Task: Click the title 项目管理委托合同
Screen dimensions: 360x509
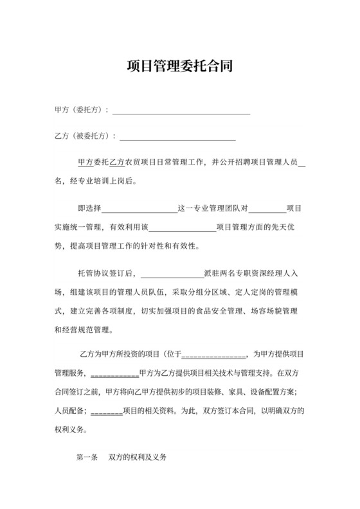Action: (x=180, y=67)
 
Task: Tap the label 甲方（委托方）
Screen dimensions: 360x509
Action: (x=82, y=110)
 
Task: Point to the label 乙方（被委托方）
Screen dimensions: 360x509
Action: (x=85, y=136)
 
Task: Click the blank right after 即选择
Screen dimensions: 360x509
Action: (x=139, y=210)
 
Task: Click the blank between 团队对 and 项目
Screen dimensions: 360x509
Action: (x=267, y=210)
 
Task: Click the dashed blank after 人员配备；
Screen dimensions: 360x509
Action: (x=107, y=411)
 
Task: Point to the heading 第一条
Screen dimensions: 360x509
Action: (x=86, y=458)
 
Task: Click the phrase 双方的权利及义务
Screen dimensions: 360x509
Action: (x=138, y=458)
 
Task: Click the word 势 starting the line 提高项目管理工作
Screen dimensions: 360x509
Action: (x=59, y=246)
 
